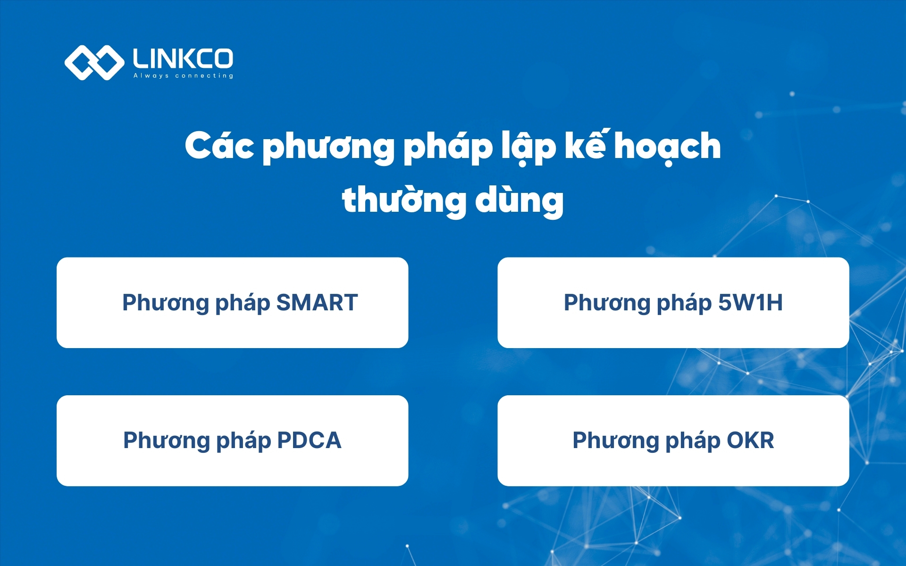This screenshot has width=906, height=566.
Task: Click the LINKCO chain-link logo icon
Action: pos(94,62)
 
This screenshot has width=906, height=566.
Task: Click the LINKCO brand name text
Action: pos(183,58)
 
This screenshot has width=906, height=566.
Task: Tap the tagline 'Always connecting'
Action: pos(183,75)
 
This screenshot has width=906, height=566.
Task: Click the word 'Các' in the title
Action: pos(219,146)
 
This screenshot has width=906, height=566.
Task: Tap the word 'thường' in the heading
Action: pos(404,200)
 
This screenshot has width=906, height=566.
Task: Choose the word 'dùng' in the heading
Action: pos(519,200)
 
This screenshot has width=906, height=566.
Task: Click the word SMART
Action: pos(317,303)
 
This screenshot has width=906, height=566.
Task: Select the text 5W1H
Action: pos(750,303)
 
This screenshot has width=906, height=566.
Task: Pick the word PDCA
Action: pos(309,441)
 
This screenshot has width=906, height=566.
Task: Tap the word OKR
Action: pos(750,441)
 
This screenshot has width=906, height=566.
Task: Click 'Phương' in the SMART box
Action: pos(165,303)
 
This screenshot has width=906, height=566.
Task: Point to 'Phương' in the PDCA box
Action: pos(166,441)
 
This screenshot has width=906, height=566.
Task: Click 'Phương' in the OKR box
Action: pos(615,441)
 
